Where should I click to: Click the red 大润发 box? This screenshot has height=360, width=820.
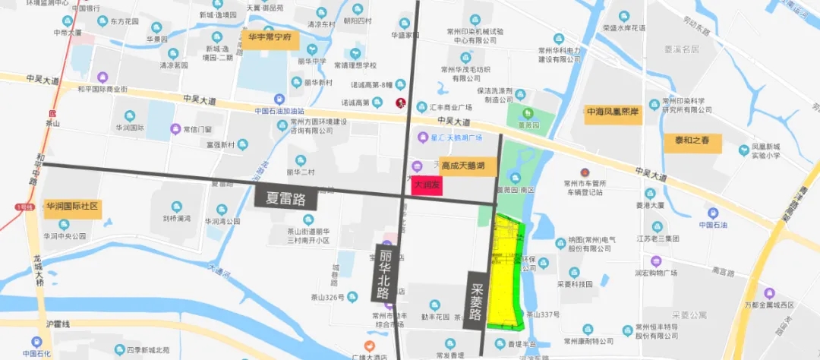pyautogui.click(x=426, y=185)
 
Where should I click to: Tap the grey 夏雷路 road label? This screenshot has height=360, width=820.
pyautogui.click(x=285, y=198)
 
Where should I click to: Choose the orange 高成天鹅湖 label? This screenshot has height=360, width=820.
pyautogui.click(x=468, y=164)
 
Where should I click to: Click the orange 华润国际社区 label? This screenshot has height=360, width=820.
pyautogui.click(x=72, y=206)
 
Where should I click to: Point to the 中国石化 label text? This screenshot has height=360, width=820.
pyautogui.click(x=36, y=353)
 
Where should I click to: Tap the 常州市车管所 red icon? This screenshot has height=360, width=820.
pyautogui.click(x=585, y=173)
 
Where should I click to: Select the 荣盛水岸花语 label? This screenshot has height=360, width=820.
pyautogui.click(x=624, y=27)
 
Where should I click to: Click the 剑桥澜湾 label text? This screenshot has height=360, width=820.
pyautogui.click(x=176, y=218)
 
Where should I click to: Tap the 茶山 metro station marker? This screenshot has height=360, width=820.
pyautogui.click(x=52, y=112)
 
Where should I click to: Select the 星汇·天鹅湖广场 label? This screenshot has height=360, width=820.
pyautogui.click(x=456, y=137)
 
